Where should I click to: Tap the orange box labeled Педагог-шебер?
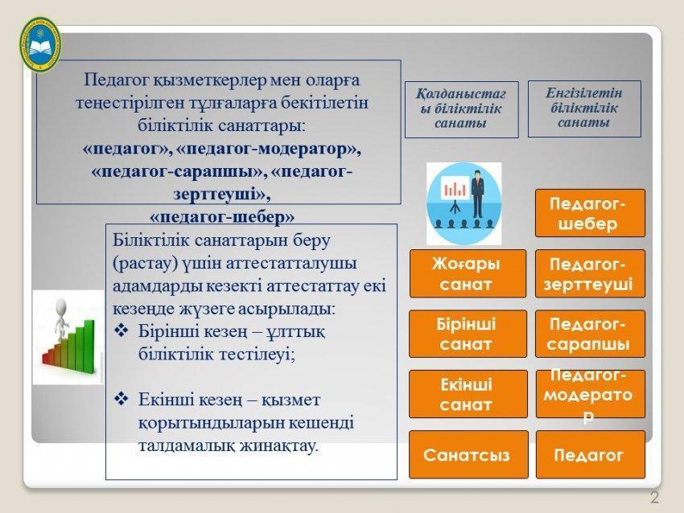coord(590,213)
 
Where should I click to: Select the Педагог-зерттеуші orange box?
coord(590,273)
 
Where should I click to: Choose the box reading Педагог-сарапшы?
coord(590,334)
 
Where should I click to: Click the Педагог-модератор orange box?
coord(590,394)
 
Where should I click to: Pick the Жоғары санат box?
coord(468,273)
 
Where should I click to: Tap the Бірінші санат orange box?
coord(468,334)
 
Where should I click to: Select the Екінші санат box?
coord(468,394)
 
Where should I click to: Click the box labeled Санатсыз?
coord(468,454)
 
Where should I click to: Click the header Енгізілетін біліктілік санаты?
coord(584,109)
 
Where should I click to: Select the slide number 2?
coord(654,497)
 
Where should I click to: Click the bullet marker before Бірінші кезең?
coord(122,331)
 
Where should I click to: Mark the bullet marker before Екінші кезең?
coord(122,399)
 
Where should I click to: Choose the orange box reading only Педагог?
coord(590,454)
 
